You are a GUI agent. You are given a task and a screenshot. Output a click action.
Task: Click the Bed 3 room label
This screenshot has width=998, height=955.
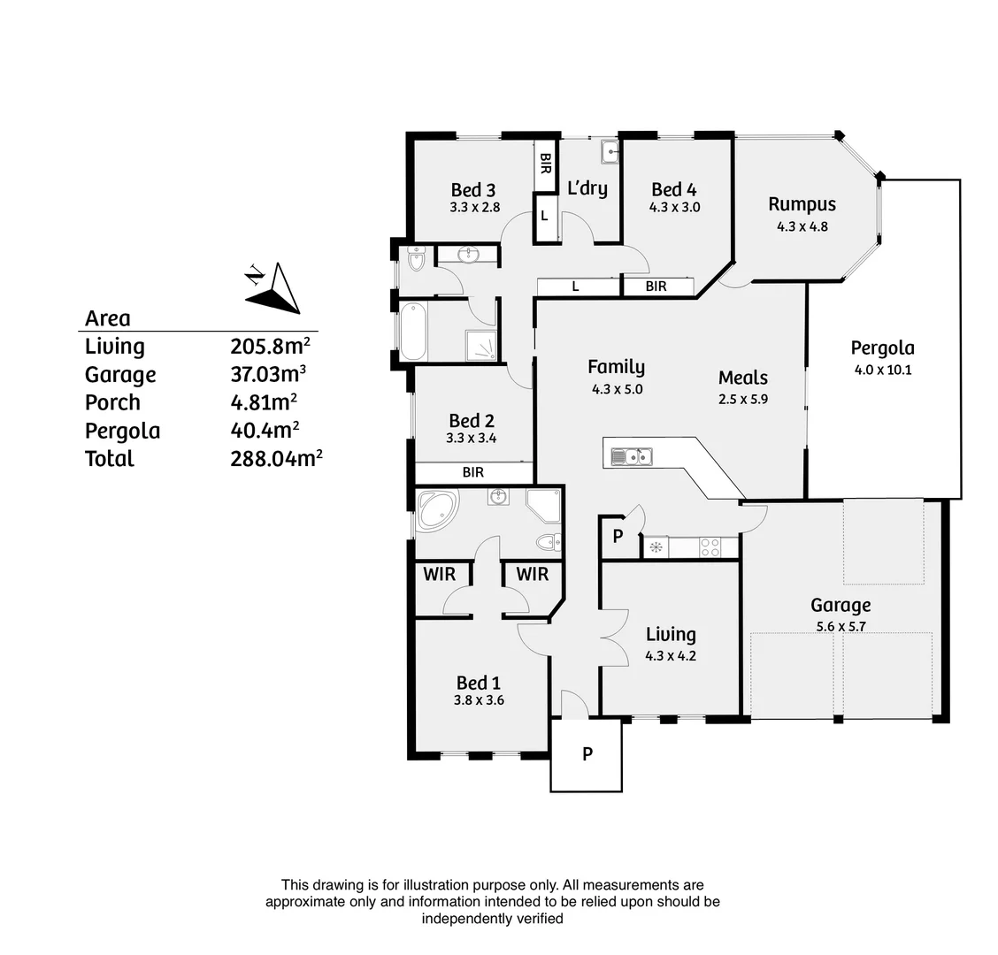click(472, 190)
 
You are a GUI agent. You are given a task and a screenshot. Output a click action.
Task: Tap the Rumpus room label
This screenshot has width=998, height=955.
click(802, 204)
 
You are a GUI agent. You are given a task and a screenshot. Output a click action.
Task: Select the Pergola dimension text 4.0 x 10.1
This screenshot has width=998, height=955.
click(882, 370)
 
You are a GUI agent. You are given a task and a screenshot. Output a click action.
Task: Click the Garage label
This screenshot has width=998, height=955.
click(841, 606)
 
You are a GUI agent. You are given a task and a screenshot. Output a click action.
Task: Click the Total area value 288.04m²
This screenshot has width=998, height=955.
click(276, 458)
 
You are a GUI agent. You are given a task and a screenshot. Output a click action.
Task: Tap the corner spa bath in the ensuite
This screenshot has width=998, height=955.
click(437, 512)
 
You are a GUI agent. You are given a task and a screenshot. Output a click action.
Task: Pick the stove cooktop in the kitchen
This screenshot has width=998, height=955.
click(710, 547)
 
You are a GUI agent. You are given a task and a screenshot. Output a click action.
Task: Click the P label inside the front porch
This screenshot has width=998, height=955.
click(587, 754)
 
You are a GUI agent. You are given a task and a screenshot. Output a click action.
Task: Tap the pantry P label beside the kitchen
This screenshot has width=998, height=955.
click(618, 537)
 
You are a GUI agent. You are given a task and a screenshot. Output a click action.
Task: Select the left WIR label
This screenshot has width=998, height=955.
click(439, 574)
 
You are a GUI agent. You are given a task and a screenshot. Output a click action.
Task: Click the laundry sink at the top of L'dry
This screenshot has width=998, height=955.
click(610, 153)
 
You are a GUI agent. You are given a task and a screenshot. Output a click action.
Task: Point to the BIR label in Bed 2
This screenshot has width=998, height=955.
click(473, 472)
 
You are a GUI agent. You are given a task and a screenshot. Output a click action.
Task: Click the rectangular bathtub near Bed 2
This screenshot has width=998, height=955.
click(414, 332)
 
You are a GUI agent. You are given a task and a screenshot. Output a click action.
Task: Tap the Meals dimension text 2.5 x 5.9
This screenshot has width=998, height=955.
click(742, 398)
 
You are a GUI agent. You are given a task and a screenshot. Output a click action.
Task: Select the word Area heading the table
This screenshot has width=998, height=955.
click(107, 318)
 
